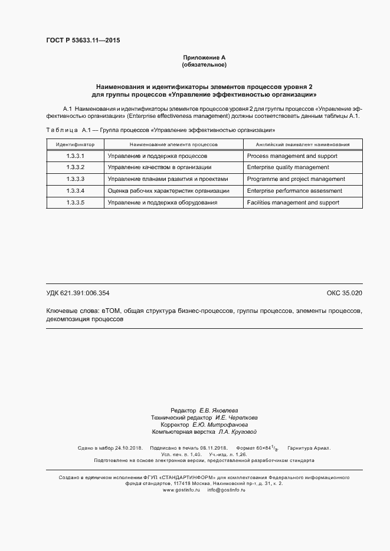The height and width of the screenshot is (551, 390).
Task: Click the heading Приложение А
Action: [204, 57]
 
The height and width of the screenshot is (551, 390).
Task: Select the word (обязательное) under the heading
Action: [204, 64]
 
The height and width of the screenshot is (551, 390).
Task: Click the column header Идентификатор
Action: [75, 144]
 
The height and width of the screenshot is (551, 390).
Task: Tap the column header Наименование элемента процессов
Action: [173, 144]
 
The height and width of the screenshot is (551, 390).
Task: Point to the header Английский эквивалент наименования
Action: [302, 144]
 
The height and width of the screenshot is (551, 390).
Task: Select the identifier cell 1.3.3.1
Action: [75, 156]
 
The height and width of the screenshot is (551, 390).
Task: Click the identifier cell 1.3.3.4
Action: [75, 191]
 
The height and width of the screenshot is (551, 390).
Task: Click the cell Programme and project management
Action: [296, 179]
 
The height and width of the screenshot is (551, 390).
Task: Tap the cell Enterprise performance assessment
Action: [294, 191]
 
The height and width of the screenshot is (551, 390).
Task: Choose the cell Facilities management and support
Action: [293, 203]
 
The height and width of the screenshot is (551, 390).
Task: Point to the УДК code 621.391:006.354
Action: [78, 293]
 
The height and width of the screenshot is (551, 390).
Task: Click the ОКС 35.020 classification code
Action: [344, 293]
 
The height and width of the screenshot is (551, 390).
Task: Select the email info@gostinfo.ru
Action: [226, 490]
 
